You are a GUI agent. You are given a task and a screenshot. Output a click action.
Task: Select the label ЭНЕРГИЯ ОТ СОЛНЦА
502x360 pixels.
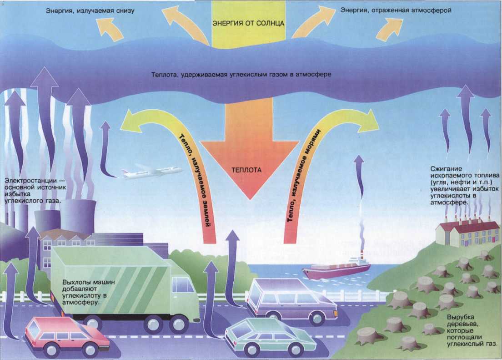249,23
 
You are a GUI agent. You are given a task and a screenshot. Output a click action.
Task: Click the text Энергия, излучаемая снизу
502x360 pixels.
90,10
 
